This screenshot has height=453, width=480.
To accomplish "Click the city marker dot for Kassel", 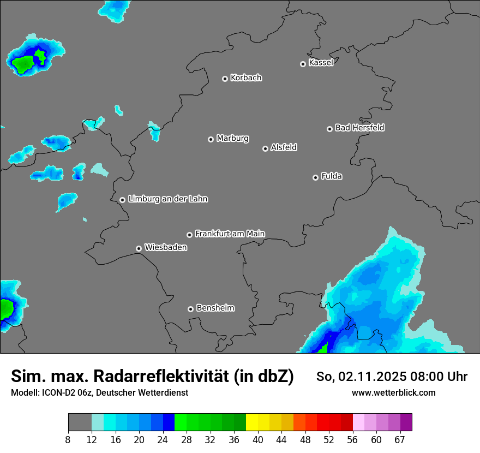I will point(303,64).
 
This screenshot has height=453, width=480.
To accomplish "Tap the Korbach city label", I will point(246,78).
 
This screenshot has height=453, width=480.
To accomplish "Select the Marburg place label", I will point(232,139).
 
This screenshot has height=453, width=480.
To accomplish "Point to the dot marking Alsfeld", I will point(265,148).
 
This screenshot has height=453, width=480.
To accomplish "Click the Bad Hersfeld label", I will point(359,128).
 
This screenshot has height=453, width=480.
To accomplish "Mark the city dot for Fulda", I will point(315,177).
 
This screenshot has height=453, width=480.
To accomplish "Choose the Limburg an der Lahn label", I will point(167,199).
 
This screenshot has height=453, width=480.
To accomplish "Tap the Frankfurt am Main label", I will point(230,234).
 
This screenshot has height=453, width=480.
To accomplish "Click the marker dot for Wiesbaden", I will point(139,248).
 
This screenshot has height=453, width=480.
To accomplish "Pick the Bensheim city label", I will point(215,308).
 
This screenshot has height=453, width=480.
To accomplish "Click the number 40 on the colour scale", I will point(258,439).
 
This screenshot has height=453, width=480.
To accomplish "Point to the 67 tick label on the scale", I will point(400,439).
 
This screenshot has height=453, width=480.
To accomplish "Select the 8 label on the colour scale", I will point(68,439).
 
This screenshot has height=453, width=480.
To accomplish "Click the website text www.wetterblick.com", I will point(393,393).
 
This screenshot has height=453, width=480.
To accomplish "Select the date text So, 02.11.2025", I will point(362,377).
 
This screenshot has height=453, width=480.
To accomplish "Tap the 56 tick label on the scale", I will point(353,439).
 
